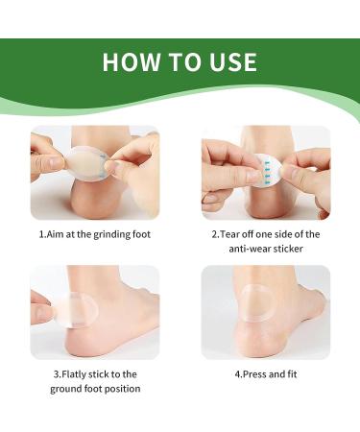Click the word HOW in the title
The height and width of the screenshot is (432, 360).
(132, 61)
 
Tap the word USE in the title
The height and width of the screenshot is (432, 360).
(233, 61)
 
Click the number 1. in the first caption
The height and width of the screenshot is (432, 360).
(42, 234)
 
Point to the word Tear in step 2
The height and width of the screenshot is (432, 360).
(229, 234)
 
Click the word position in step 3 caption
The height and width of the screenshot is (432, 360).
(123, 389)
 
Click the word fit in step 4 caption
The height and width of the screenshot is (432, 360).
(292, 374)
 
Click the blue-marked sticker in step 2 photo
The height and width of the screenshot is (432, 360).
(267, 170)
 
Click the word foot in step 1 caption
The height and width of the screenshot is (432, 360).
(141, 234)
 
